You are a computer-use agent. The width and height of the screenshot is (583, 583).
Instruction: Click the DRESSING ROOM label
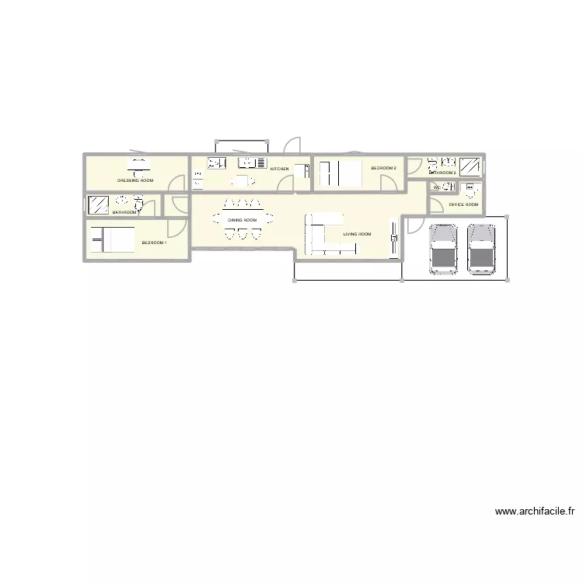(135, 180)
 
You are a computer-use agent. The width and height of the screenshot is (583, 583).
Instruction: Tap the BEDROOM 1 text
(154, 243)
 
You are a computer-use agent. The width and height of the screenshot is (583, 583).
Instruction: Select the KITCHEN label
(279, 169)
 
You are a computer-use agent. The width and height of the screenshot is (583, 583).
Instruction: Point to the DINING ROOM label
(242, 220)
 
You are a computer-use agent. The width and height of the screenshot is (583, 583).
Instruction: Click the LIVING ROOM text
(357, 234)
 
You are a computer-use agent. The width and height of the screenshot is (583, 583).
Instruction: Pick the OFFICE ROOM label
(463, 204)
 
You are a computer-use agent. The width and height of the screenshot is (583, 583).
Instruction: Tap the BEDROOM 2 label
(383, 168)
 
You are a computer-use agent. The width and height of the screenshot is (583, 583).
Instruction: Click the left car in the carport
(443, 249)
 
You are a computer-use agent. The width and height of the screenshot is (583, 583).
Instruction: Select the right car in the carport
(481, 249)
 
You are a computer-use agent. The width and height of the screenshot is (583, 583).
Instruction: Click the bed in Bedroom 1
(112, 239)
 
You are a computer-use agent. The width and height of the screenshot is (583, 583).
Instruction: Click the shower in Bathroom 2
(470, 166)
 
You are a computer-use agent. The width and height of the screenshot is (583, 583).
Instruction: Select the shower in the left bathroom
(99, 204)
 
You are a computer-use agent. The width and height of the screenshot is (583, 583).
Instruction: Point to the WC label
(435, 187)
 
